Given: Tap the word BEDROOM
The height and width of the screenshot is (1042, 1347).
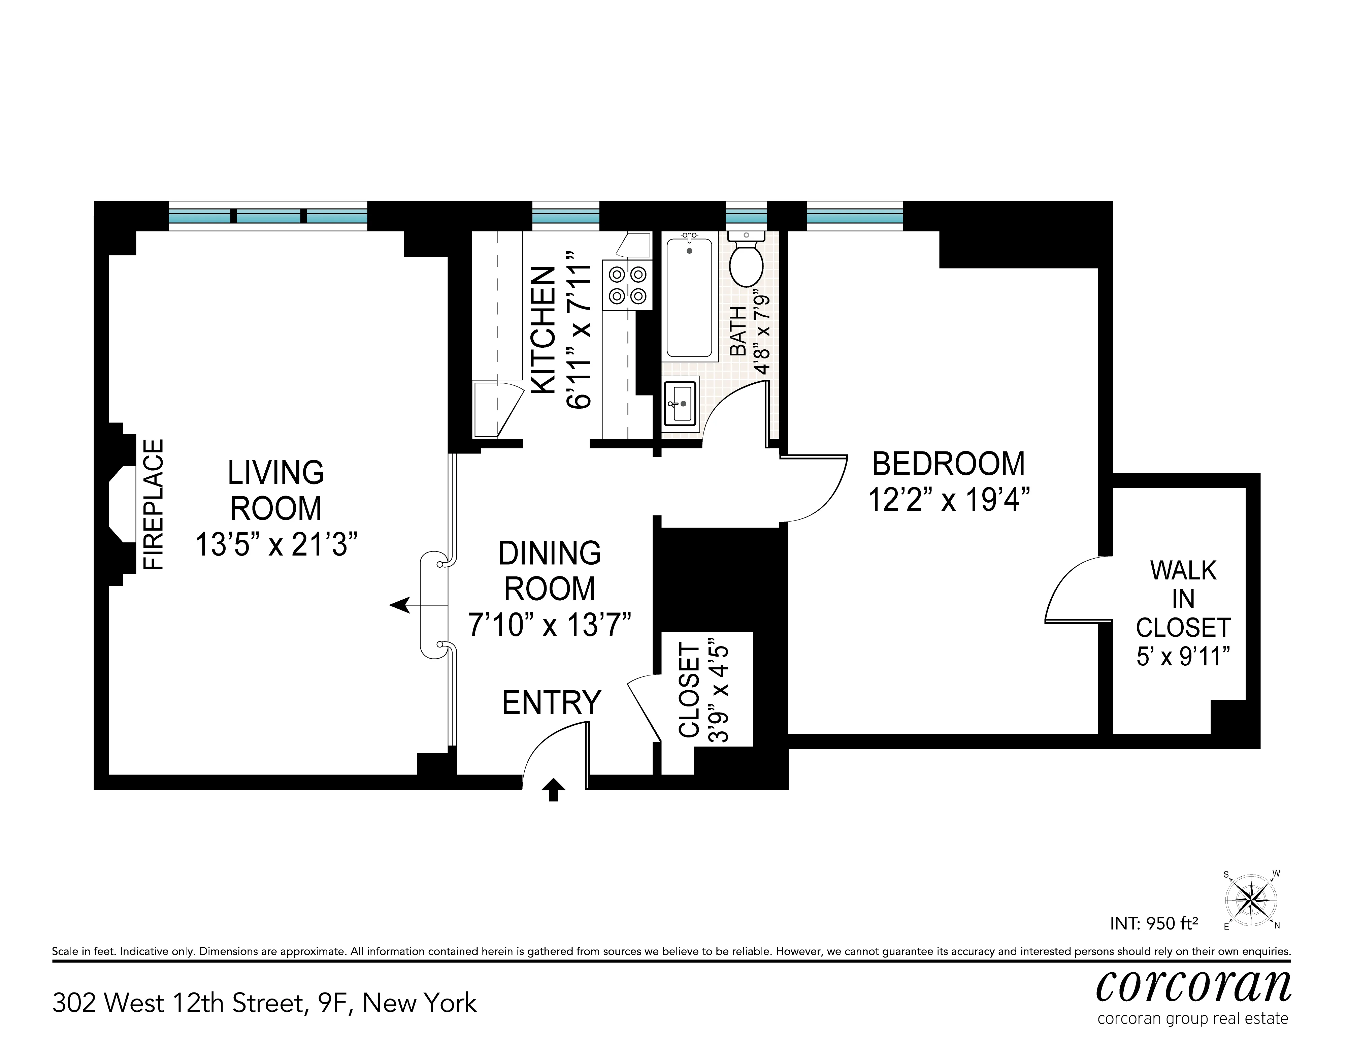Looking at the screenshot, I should [949, 464].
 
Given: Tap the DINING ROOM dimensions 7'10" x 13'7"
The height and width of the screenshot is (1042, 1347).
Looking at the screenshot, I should [550, 625].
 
